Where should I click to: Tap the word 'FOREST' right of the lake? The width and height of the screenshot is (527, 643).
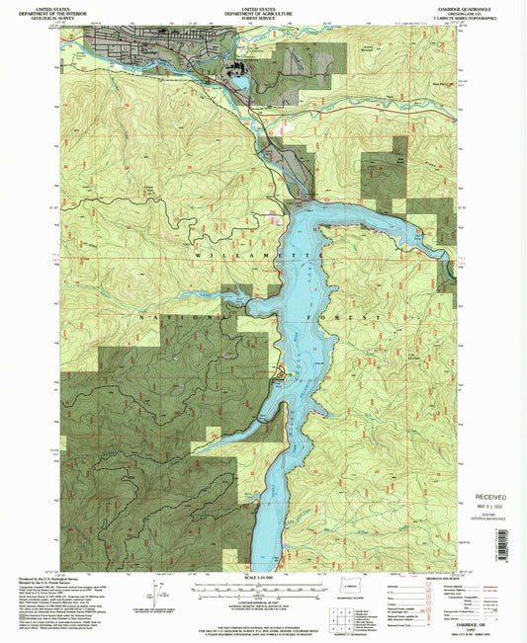358,317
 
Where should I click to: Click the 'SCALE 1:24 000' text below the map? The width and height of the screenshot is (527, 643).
261,579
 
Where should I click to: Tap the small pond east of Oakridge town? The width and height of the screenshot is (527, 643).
239,83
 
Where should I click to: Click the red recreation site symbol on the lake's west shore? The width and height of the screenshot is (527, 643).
280,374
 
